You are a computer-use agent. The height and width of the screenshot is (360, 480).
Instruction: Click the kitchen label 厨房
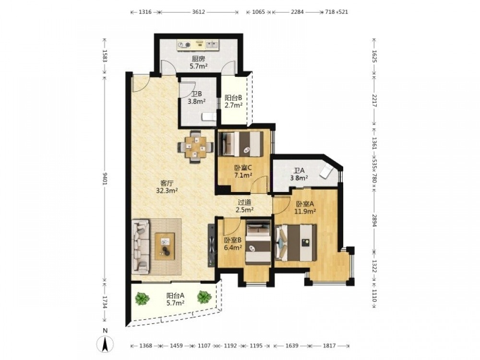point(198,59)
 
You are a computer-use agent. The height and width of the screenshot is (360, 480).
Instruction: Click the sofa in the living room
point(141,246)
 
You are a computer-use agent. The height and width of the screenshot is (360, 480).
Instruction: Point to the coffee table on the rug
point(165,246)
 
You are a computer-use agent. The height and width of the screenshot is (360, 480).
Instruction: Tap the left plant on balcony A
point(142,298)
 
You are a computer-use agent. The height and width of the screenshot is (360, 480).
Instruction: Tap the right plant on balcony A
point(204,297)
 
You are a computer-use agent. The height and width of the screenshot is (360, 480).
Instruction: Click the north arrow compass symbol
point(105,344)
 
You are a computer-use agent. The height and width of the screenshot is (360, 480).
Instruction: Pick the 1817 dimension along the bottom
point(329,346)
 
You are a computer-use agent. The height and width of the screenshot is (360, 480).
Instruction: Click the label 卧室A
point(305,204)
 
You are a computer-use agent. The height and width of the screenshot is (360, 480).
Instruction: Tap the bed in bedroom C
point(240,144)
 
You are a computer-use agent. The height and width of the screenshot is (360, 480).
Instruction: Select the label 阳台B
point(234,98)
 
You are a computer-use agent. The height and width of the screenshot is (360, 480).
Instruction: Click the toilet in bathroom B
point(209,117)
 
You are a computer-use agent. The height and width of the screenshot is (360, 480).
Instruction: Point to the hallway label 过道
point(245,203)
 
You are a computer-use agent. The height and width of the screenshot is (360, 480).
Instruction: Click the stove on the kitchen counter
point(184,45)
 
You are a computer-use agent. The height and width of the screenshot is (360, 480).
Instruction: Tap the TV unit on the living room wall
point(212,245)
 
